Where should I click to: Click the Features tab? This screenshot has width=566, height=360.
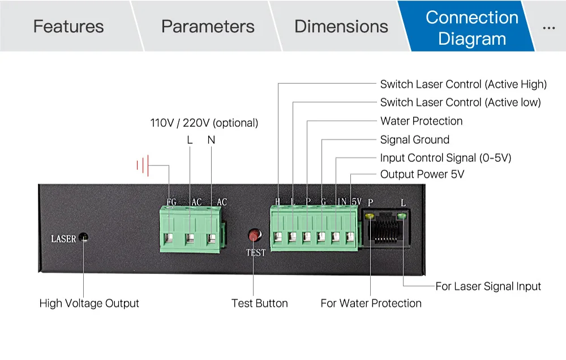tap(68, 27)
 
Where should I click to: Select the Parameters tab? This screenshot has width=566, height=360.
tap(208, 27)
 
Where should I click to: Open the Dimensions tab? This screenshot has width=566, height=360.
tap(341, 27)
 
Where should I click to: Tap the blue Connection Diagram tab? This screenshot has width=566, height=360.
tap(471, 28)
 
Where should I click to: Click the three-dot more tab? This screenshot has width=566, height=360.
tap(548, 27)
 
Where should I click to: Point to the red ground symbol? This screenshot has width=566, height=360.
tap(142, 166)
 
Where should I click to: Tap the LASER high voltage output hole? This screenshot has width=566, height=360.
tap(83, 238)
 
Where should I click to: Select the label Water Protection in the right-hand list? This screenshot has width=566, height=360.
tap(421, 121)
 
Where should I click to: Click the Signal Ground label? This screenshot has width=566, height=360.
tap(414, 140)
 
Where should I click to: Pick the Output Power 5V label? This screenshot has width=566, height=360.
tap(422, 174)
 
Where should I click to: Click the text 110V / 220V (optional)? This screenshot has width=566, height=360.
tap(204, 123)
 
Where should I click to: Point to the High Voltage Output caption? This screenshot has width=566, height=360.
tap(89, 303)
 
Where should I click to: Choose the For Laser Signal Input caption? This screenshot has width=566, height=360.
tap(488, 286)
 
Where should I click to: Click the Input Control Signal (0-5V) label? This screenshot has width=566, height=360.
tap(445, 158)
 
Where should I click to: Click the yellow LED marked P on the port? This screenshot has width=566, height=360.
tap(370, 216)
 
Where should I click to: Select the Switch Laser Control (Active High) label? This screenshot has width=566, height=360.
tap(463, 84)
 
